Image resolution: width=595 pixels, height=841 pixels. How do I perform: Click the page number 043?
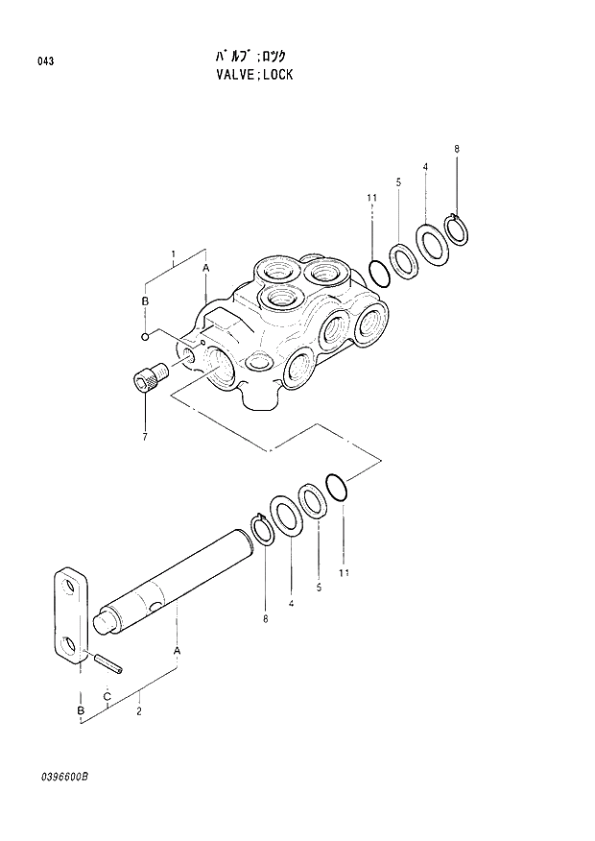pyautogui.click(x=46, y=61)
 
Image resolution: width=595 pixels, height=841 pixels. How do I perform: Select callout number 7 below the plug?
pyautogui.click(x=145, y=437)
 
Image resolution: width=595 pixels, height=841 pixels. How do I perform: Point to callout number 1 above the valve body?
pyautogui.click(x=173, y=255)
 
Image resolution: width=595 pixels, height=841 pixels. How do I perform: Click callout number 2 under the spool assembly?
pyautogui.click(x=141, y=711)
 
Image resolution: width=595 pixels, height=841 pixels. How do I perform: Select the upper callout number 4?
pyautogui.click(x=424, y=168)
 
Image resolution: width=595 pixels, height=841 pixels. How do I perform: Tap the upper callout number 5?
pyautogui.click(x=397, y=181)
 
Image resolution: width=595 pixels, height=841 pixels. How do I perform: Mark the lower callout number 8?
pyautogui.click(x=265, y=620)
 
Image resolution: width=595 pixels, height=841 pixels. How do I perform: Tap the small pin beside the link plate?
pyautogui.click(x=107, y=662)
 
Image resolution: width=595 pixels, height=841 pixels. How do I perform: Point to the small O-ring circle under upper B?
pyautogui.click(x=144, y=336)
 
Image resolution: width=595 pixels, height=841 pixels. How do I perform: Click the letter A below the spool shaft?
pyautogui.click(x=177, y=651)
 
